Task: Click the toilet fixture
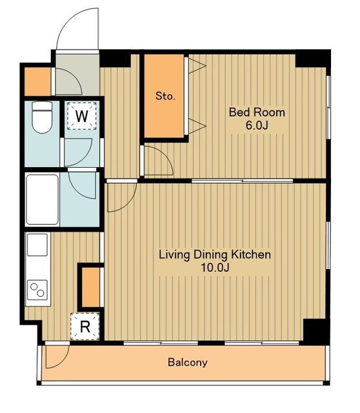[x=42, y=117]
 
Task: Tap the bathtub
[x=42, y=199]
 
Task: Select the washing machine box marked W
[x=82, y=116]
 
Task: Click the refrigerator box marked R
[x=85, y=327]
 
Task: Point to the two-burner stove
[x=37, y=290]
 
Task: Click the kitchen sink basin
[x=37, y=245]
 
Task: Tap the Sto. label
[x=165, y=96]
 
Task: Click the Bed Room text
[x=257, y=112]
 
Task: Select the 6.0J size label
[x=257, y=125]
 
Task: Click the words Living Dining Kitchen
[x=215, y=255]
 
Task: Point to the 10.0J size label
[x=215, y=268]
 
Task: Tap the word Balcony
[x=188, y=363]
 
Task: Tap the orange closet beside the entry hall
[x=37, y=82]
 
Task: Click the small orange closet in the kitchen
[x=91, y=287]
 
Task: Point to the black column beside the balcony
[x=315, y=330]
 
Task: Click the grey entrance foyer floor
[x=77, y=75]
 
